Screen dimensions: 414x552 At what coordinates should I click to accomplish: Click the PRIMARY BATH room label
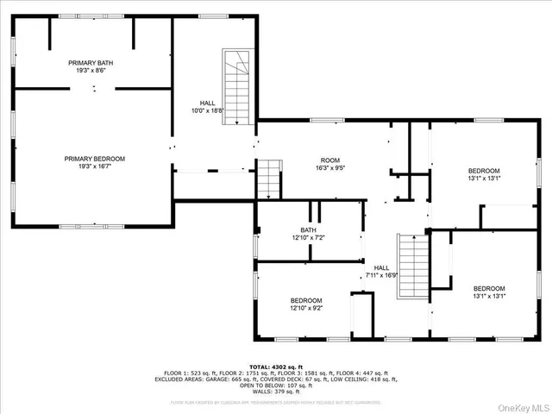point(91,63)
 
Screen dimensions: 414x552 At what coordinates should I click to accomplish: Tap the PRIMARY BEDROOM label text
point(95,159)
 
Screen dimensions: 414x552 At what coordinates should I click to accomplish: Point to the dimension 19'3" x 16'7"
point(95,166)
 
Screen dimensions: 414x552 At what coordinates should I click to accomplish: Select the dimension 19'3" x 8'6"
point(91,71)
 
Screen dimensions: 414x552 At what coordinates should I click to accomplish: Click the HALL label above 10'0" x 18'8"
point(207,103)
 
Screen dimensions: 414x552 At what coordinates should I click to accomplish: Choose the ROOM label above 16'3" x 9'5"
point(330,160)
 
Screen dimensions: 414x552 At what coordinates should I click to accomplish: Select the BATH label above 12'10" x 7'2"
point(308,229)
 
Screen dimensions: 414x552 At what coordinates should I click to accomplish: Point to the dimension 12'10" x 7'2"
point(308,237)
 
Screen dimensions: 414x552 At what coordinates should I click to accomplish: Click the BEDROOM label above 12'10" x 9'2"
point(306,299)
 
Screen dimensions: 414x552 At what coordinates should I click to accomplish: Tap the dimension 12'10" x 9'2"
point(306,307)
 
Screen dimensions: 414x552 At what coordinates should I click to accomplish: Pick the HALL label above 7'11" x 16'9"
point(381,267)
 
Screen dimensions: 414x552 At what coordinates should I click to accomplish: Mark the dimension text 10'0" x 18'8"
point(207,110)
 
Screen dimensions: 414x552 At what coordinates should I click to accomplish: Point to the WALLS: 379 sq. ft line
point(276,392)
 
